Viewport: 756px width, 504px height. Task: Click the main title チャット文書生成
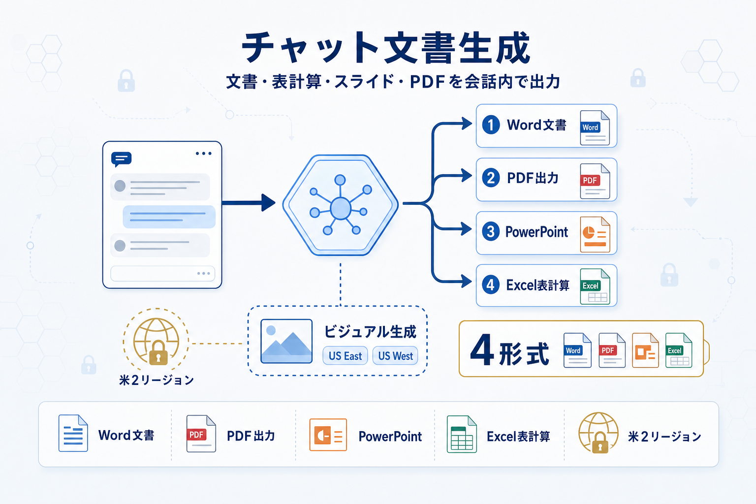[x=386, y=48]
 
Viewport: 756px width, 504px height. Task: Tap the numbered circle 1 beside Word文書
[x=491, y=125]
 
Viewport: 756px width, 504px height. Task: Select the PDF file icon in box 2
[x=595, y=181]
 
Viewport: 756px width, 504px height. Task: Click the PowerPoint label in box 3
[x=536, y=232]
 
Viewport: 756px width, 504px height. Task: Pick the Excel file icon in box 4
[x=595, y=286]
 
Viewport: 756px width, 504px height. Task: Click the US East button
[x=345, y=356]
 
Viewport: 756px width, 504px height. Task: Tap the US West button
[x=395, y=356]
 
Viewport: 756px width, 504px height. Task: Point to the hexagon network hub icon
[x=340, y=205]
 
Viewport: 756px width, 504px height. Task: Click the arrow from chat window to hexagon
[x=248, y=202]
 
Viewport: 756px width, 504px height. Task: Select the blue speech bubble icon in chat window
[x=121, y=159]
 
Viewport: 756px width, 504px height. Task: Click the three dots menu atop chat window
[x=203, y=154]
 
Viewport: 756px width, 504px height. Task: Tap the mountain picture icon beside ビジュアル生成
[x=286, y=341]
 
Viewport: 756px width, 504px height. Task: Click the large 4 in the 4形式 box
[x=481, y=350]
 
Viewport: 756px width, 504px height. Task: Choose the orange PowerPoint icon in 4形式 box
[x=645, y=350]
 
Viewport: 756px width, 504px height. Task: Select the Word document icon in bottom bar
[x=73, y=433]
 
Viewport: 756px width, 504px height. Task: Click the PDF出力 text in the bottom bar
[x=251, y=436]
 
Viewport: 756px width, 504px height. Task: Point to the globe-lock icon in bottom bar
[x=598, y=433]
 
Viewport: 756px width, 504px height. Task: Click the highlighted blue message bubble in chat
[x=169, y=217]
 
